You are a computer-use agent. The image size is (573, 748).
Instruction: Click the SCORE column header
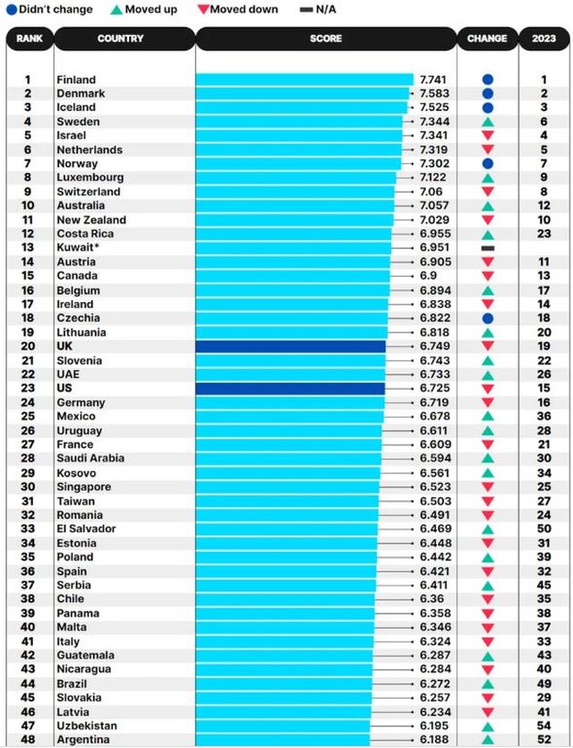[326, 39]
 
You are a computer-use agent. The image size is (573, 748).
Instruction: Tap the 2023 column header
[543, 39]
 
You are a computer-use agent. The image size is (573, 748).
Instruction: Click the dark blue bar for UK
[290, 347]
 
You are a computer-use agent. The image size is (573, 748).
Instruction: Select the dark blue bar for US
[290, 389]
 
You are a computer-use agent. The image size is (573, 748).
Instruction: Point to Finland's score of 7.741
[432, 80]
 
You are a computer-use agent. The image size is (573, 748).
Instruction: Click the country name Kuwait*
[79, 248]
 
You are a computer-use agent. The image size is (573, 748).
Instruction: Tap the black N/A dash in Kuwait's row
[487, 248]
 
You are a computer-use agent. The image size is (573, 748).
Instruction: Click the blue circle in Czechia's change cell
[487, 318]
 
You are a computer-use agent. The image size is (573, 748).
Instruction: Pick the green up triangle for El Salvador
[487, 529]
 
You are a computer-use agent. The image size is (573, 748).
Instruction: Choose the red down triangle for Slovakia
[487, 698]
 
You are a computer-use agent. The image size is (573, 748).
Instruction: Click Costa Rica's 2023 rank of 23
[543, 234]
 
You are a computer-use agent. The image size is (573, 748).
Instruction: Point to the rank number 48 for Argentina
[28, 740]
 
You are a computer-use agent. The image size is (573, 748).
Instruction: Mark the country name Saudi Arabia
[90, 459]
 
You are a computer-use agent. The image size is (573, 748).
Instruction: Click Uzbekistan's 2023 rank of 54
[543, 726]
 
